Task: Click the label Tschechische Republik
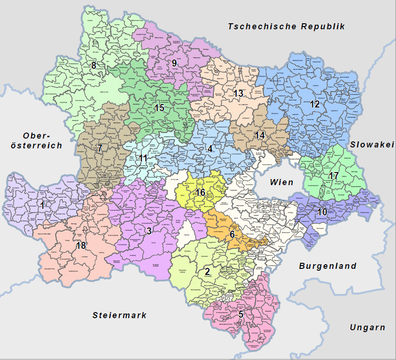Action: click(x=286, y=27)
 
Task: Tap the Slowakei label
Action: click(x=372, y=145)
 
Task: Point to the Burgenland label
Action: click(x=328, y=266)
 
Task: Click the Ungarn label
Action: click(x=367, y=327)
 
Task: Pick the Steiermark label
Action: click(x=119, y=315)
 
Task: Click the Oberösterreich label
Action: click(x=36, y=140)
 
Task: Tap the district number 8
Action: click(x=94, y=66)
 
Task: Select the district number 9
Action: click(x=174, y=63)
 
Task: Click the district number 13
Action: click(x=238, y=93)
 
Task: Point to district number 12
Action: click(x=315, y=105)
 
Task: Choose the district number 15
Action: click(x=159, y=108)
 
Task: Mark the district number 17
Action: click(x=333, y=176)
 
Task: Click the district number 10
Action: click(x=323, y=212)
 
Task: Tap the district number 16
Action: click(x=200, y=193)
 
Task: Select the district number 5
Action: click(x=241, y=314)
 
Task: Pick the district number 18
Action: click(x=81, y=246)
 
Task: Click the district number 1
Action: click(x=43, y=205)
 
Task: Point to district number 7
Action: click(x=99, y=149)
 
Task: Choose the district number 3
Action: click(x=149, y=231)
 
